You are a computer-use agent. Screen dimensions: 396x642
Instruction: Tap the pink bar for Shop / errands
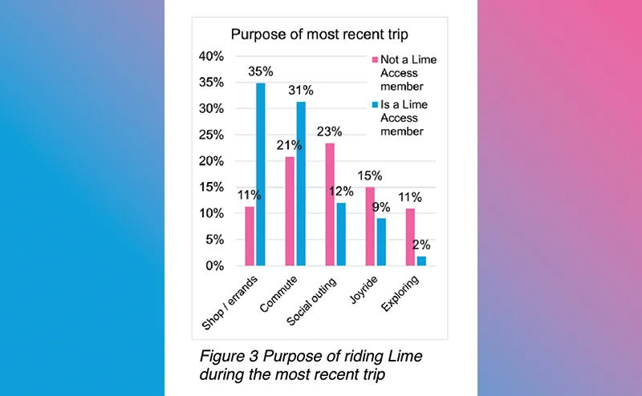249,236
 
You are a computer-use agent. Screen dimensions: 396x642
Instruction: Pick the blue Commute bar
301,184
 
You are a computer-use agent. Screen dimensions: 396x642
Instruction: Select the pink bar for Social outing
329,204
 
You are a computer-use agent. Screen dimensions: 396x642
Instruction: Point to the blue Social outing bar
341,233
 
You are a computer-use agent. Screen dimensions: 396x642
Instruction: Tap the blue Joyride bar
381,241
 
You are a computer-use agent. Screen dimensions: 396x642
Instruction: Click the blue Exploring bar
421,261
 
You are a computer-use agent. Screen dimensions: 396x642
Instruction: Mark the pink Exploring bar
410,236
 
